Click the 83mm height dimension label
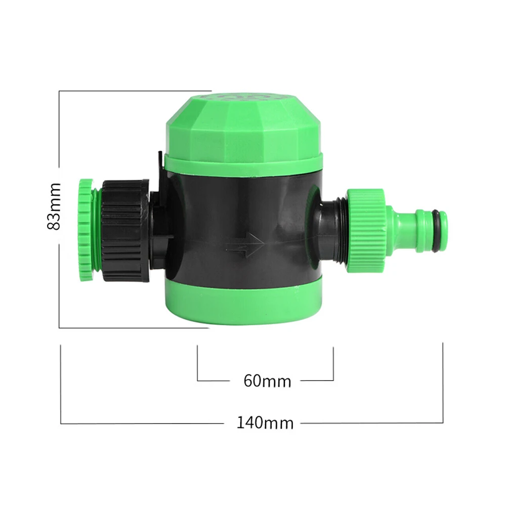54,206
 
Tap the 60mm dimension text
267,381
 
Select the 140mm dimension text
265,423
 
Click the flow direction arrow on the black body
245,244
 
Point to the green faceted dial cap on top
244,124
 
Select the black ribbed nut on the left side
125,231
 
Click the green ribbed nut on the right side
366,230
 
